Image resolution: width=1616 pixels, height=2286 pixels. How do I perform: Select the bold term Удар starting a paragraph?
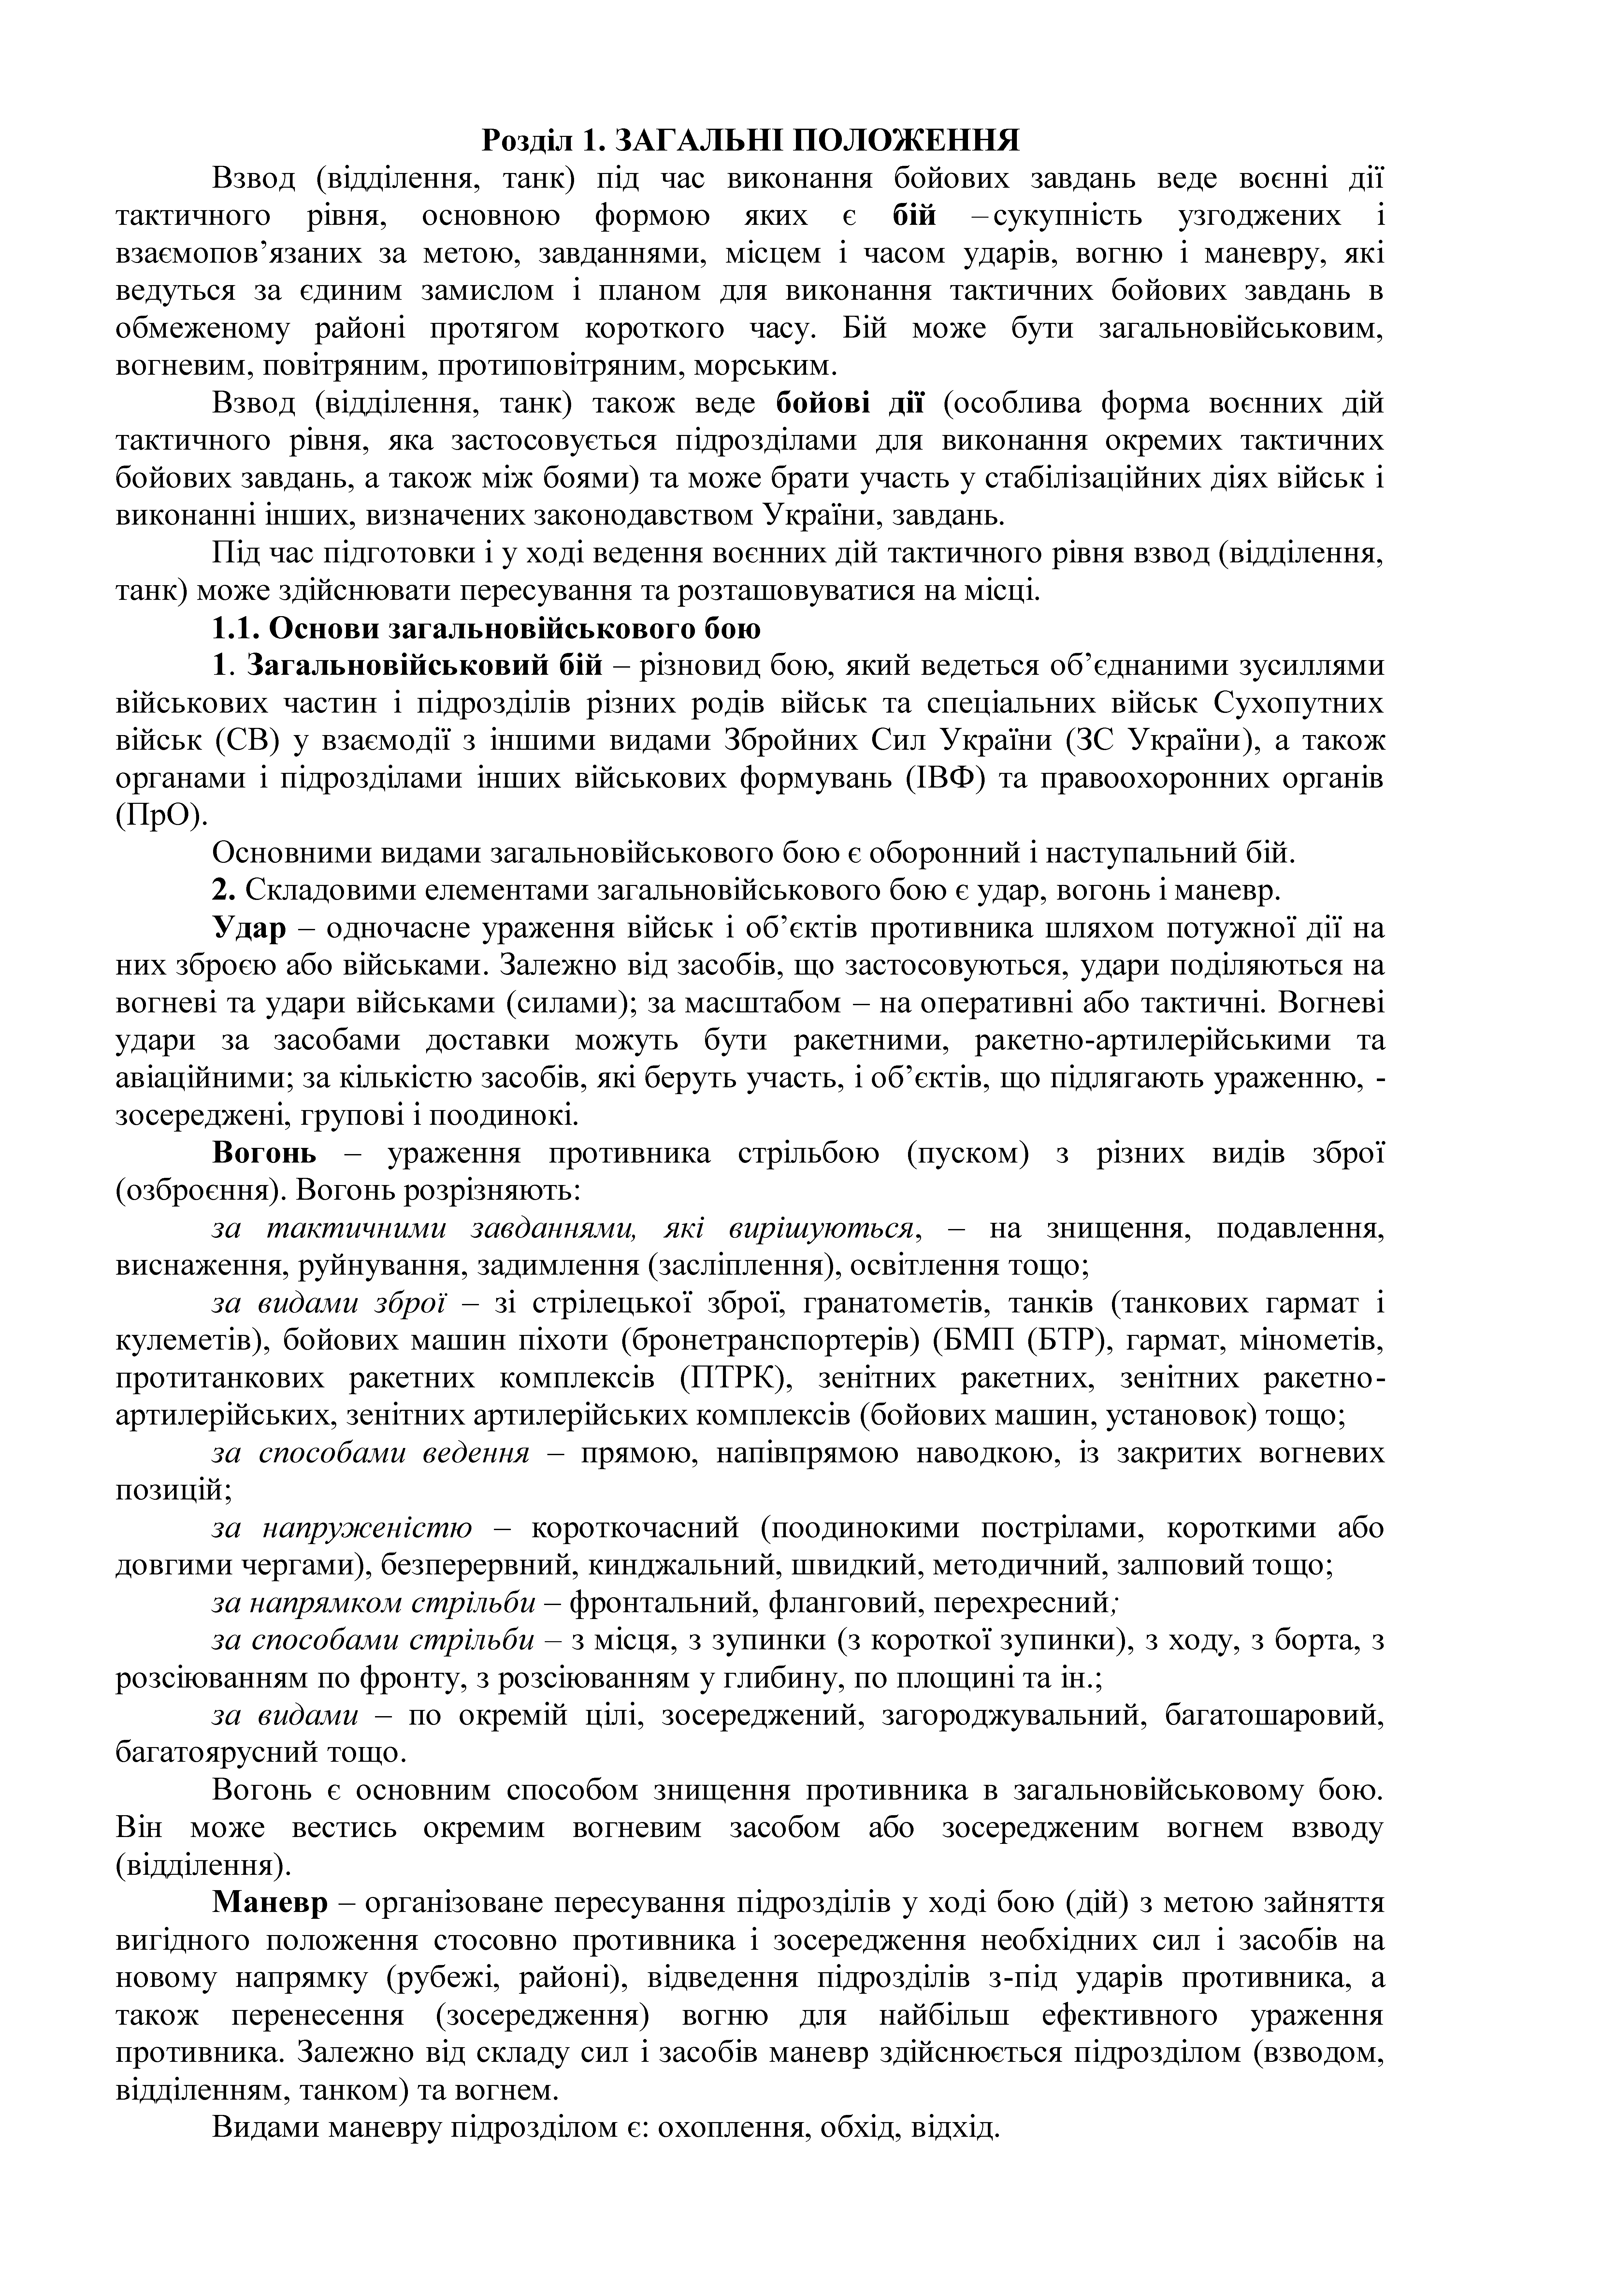(x=249, y=928)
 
